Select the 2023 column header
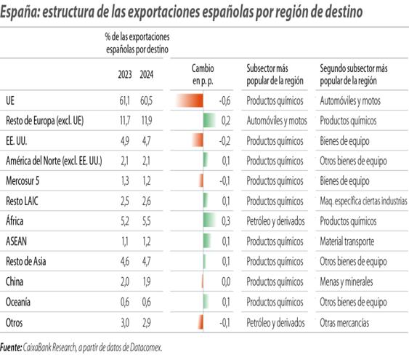[125, 73]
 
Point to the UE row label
[10, 100]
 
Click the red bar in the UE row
[190, 100]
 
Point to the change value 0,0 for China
[225, 281]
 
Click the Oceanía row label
[20, 301]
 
